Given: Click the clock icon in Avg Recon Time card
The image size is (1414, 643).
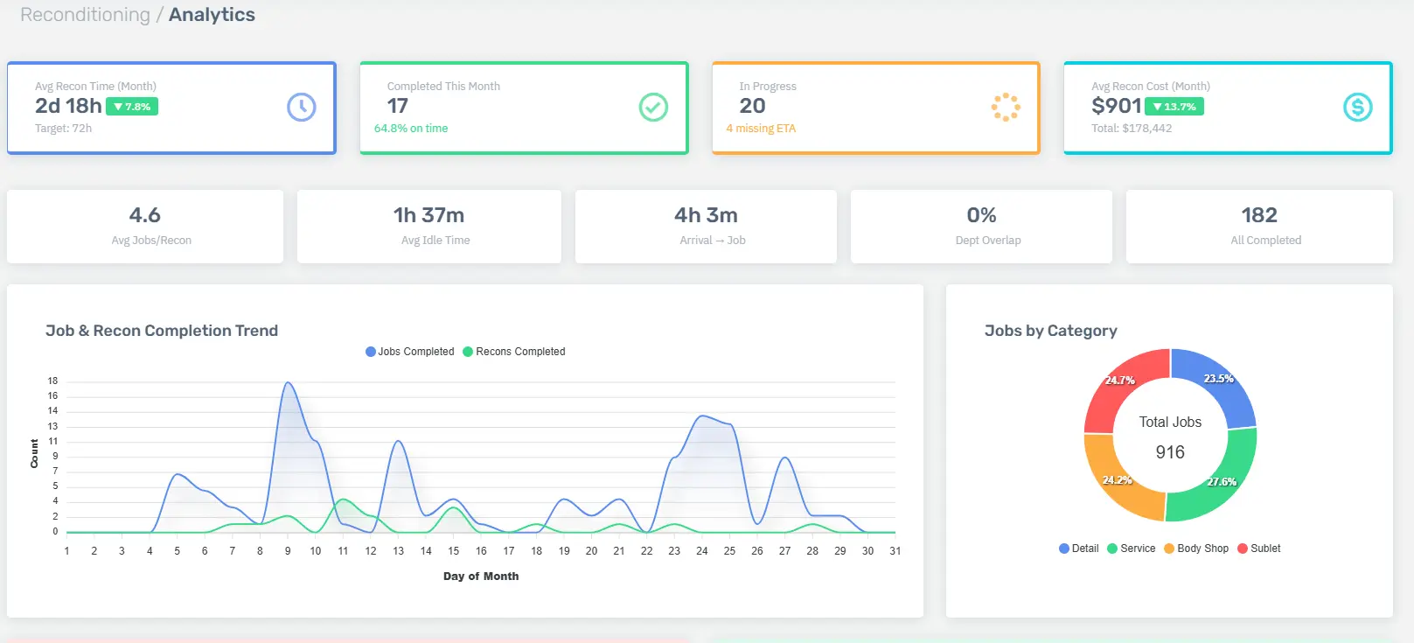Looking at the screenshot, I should (301, 107).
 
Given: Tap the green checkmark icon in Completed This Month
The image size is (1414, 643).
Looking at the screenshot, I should (653, 107).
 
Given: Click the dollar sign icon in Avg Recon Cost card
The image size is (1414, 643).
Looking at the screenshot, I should (1357, 107).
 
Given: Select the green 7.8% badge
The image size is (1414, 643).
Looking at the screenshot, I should (132, 107).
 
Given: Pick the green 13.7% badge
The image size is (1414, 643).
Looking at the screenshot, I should (1174, 107).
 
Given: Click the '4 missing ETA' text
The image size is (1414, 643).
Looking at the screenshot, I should (761, 129).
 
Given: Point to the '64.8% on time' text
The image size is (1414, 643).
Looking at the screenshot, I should (411, 129).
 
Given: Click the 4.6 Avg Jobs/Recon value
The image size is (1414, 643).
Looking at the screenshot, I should (144, 215).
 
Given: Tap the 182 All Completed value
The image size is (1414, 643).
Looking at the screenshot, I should (1258, 215).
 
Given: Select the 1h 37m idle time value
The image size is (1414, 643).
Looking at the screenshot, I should (428, 215).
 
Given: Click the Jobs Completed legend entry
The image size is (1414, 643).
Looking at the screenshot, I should (409, 352).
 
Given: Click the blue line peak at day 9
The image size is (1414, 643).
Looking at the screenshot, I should (288, 382).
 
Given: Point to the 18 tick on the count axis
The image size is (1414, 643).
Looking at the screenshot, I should (52, 381).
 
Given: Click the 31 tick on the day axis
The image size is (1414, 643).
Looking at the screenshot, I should (895, 551).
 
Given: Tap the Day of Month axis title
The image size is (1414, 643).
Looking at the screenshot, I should (481, 577).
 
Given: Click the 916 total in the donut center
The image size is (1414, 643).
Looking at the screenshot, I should (1170, 452).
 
